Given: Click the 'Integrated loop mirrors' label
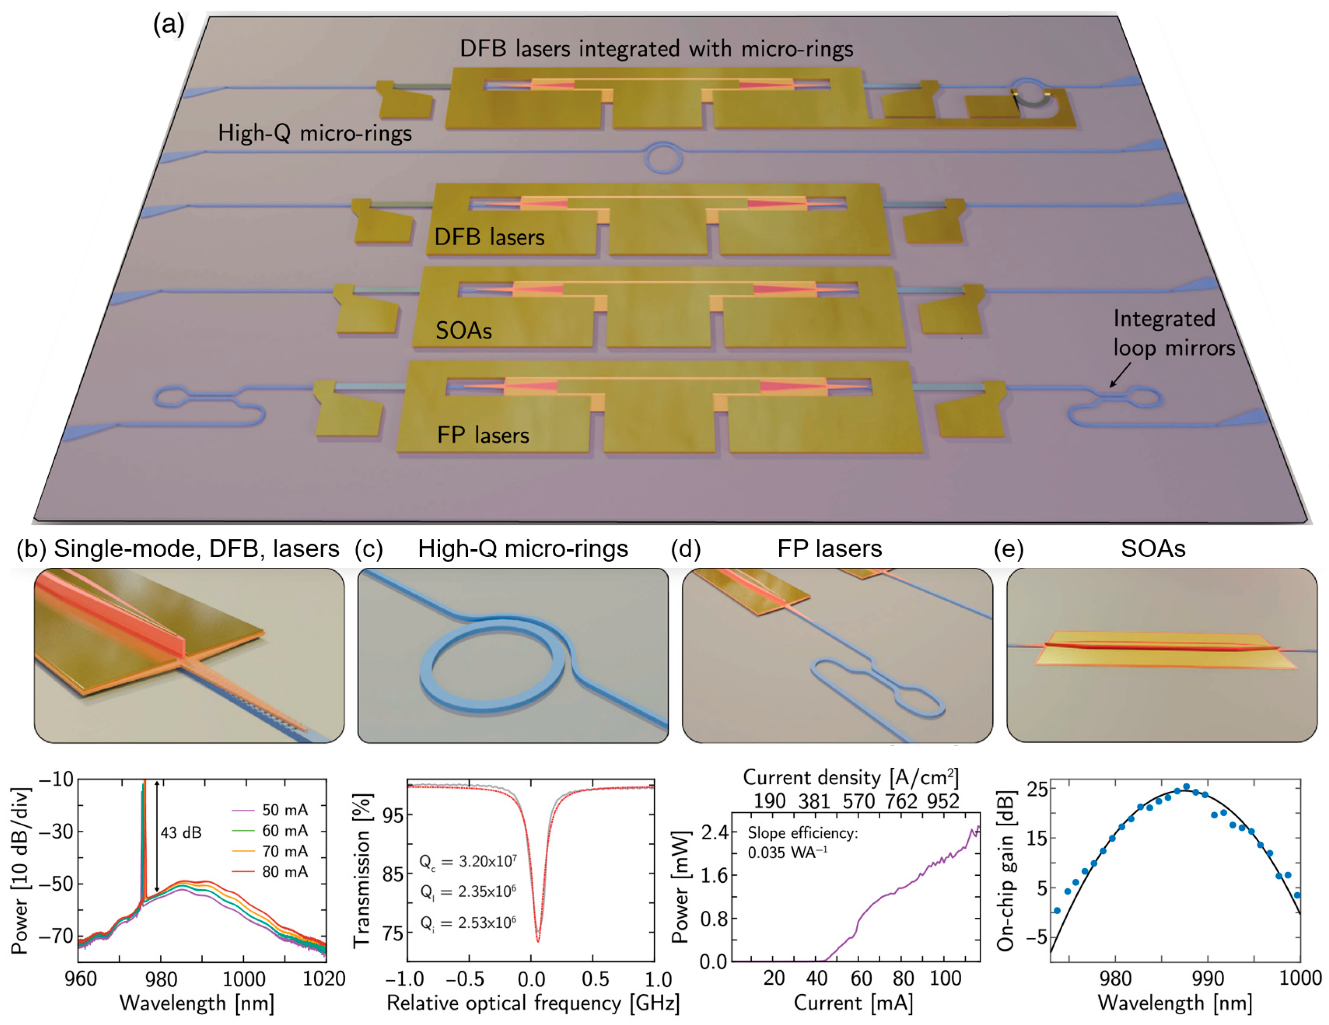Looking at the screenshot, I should point(1173,333).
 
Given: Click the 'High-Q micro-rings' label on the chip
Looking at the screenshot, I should point(315,133).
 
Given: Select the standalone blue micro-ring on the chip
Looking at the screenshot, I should point(663,158).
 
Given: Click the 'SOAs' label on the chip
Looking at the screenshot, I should point(464,330).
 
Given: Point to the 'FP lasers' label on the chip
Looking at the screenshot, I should point(483,435).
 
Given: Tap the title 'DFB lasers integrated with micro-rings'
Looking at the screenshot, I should point(656,48).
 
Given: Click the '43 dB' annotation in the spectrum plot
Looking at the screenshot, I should point(181,833).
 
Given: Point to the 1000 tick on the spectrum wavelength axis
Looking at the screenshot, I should point(243,978).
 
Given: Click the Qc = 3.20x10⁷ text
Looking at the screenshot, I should point(468,861).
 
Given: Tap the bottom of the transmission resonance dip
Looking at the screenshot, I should point(538,940).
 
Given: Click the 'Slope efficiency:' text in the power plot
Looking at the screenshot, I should point(802,833).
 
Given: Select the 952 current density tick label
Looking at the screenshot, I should point(943,801).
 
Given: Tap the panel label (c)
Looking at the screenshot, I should point(369,549).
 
